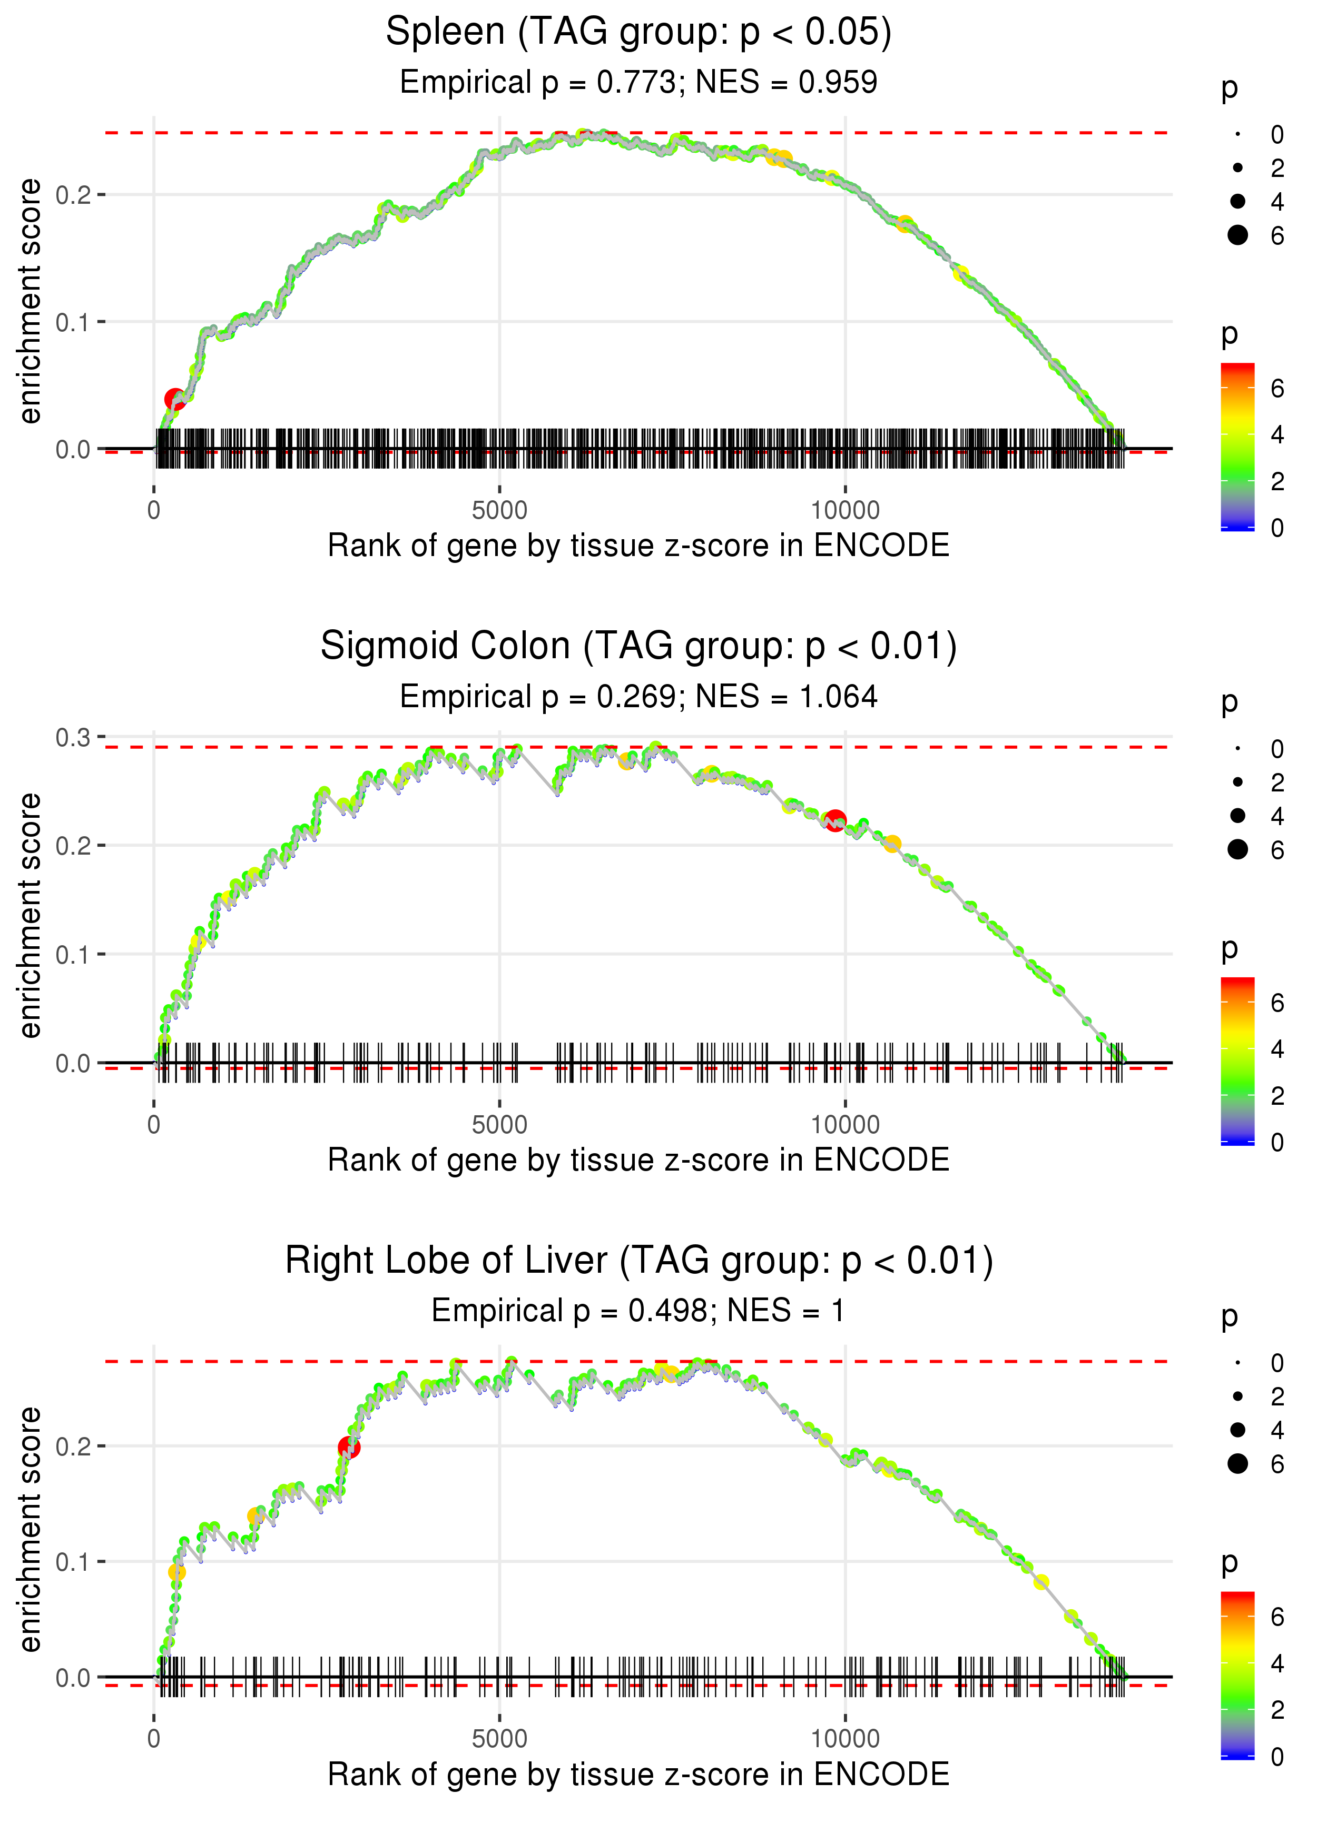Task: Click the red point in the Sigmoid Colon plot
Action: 836,820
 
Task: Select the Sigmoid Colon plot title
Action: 638,647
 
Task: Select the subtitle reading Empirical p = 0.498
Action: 638,1311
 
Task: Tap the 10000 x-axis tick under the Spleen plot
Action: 845,511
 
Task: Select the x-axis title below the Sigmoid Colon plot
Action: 638,1161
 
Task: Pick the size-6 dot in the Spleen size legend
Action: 1237,235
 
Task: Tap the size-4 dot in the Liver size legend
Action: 1237,1430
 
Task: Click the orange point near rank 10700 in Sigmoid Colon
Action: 892,844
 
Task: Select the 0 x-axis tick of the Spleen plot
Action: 154,511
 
